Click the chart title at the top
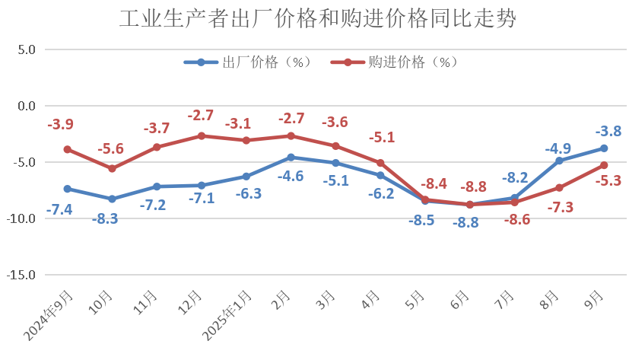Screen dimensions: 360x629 [314, 19]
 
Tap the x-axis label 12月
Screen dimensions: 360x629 [193, 303]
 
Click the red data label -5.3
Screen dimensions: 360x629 [608, 181]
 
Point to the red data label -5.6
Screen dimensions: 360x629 [110, 150]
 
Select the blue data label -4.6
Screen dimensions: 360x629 [291, 176]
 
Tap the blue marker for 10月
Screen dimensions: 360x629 [112, 199]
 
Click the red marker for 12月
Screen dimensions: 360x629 [202, 135]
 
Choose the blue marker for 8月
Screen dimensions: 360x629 [559, 161]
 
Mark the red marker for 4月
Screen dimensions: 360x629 [380, 163]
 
